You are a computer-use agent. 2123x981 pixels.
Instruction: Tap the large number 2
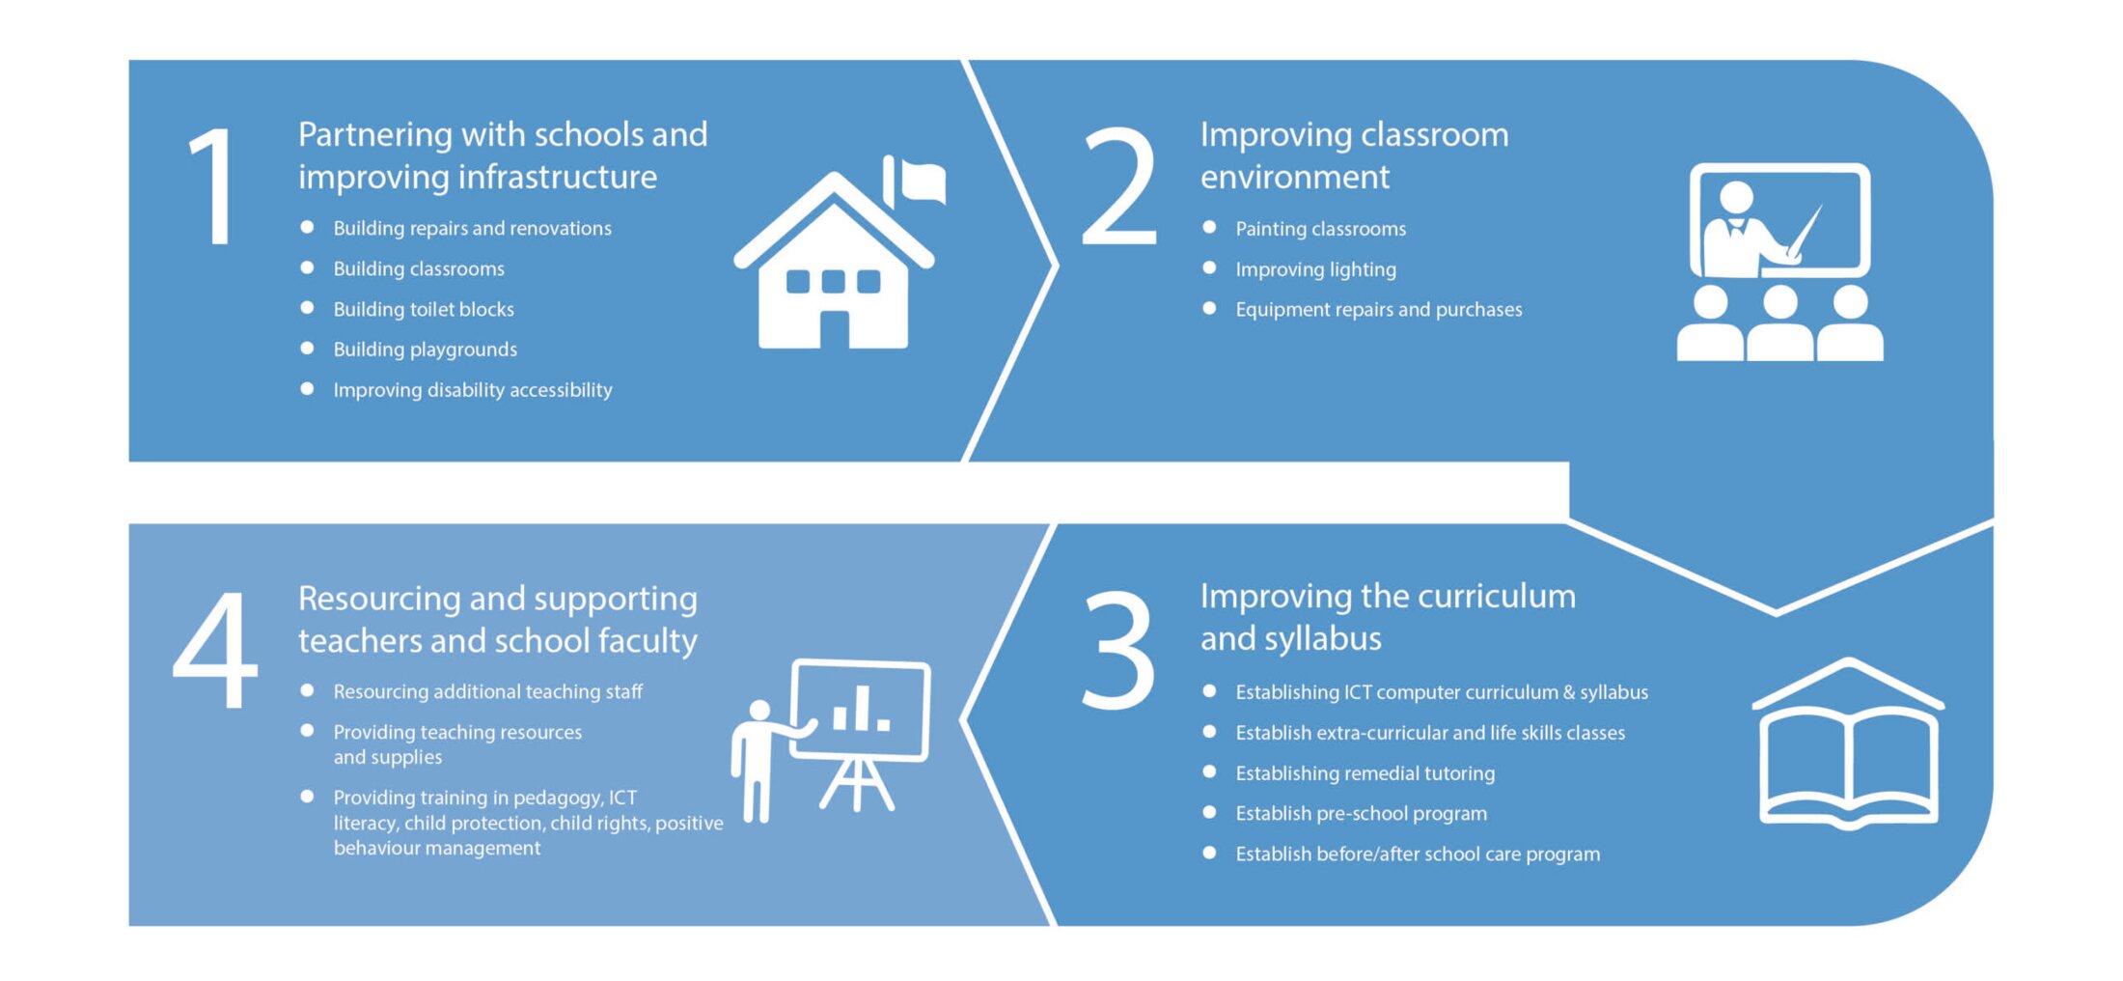point(1119,185)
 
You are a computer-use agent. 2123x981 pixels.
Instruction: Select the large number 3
point(1119,650)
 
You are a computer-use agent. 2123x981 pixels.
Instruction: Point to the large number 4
point(215,650)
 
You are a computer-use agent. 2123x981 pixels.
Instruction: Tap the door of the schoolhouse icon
point(834,329)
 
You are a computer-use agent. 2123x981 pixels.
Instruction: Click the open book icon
point(1848,743)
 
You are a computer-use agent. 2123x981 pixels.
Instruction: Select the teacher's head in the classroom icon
point(1736,197)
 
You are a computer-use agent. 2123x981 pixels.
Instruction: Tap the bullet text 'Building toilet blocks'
point(424,309)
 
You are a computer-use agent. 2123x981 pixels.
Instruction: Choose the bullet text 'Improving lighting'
point(1315,269)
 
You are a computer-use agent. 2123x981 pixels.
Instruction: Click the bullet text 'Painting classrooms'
point(1320,229)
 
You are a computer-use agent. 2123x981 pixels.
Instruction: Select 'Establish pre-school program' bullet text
point(1361,814)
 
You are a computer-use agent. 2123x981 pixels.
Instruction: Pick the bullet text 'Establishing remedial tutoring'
point(1365,773)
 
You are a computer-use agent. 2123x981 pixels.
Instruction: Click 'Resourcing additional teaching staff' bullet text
point(487,691)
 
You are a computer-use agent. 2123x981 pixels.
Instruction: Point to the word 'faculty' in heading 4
point(648,641)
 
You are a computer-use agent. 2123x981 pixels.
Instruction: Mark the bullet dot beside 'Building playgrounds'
point(307,348)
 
